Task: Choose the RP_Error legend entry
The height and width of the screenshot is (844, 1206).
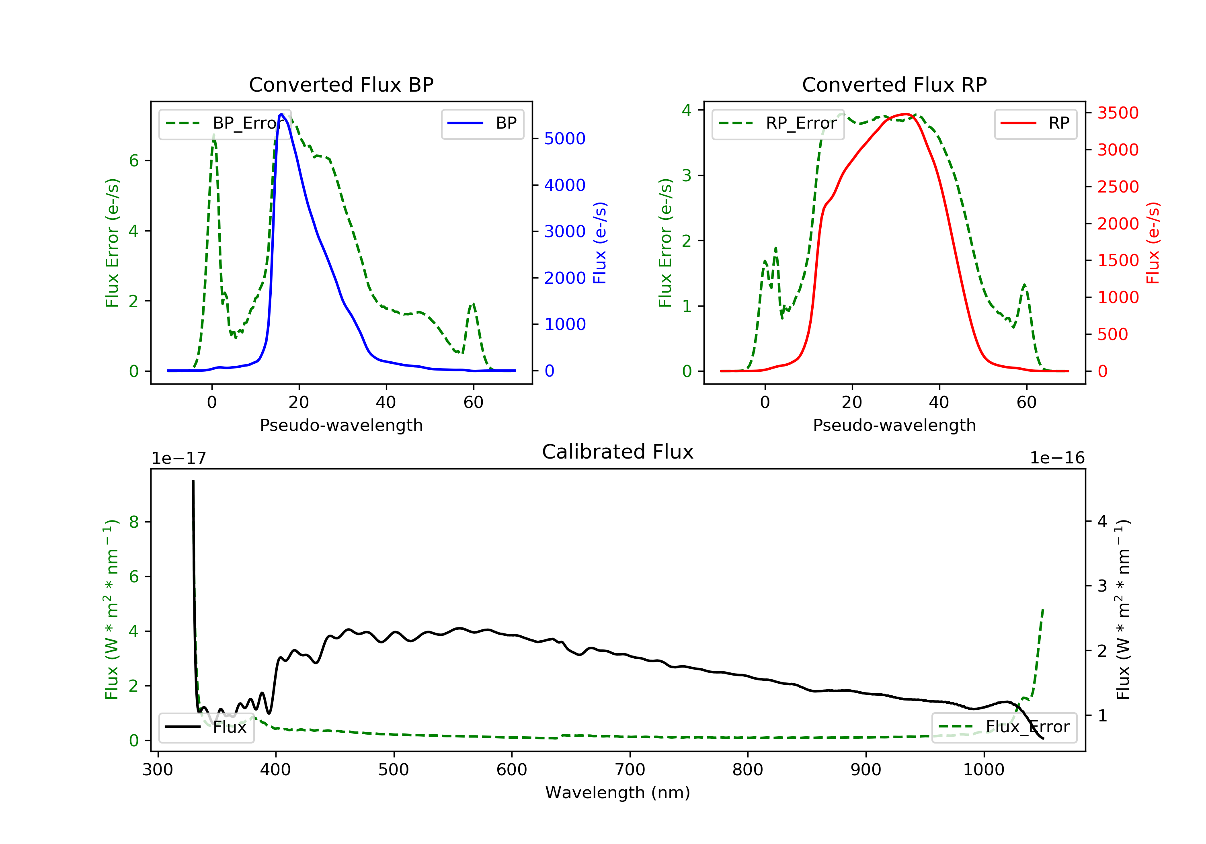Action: point(778,123)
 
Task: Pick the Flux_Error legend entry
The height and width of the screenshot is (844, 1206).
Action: point(1004,727)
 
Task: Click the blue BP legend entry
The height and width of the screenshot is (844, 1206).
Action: point(482,123)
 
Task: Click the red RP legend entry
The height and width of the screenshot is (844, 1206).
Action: point(1035,123)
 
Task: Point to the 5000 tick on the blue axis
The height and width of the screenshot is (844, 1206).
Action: point(564,139)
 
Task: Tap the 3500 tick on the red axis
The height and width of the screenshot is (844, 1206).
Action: point(1118,113)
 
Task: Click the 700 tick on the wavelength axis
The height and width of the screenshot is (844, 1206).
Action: point(629,770)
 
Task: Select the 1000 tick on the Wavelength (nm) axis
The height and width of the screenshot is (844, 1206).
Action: point(983,770)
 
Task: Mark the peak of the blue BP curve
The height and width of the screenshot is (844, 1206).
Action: point(281,114)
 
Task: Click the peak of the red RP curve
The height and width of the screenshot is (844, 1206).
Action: point(906,114)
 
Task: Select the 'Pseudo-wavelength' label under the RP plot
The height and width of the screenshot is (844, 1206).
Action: point(894,425)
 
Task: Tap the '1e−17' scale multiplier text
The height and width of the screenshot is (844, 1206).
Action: point(178,459)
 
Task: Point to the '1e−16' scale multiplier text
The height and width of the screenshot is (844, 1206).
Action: point(1057,459)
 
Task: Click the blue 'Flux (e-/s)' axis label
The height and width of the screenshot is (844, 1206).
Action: point(599,243)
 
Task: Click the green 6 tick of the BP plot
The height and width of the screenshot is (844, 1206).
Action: point(134,161)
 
